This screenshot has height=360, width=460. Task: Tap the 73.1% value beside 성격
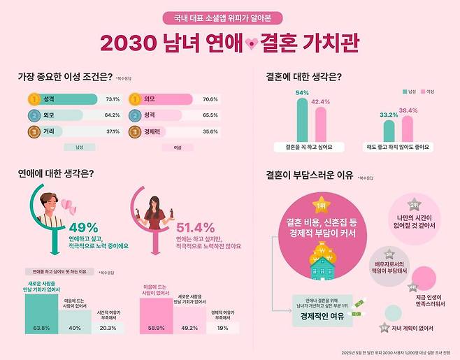112,99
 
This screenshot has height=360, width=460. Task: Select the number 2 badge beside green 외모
34,115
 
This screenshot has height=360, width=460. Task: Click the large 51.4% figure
195,228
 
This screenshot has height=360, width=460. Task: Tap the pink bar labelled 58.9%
154,315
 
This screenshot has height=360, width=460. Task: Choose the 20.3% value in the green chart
108,327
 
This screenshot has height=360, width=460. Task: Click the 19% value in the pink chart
222,327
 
